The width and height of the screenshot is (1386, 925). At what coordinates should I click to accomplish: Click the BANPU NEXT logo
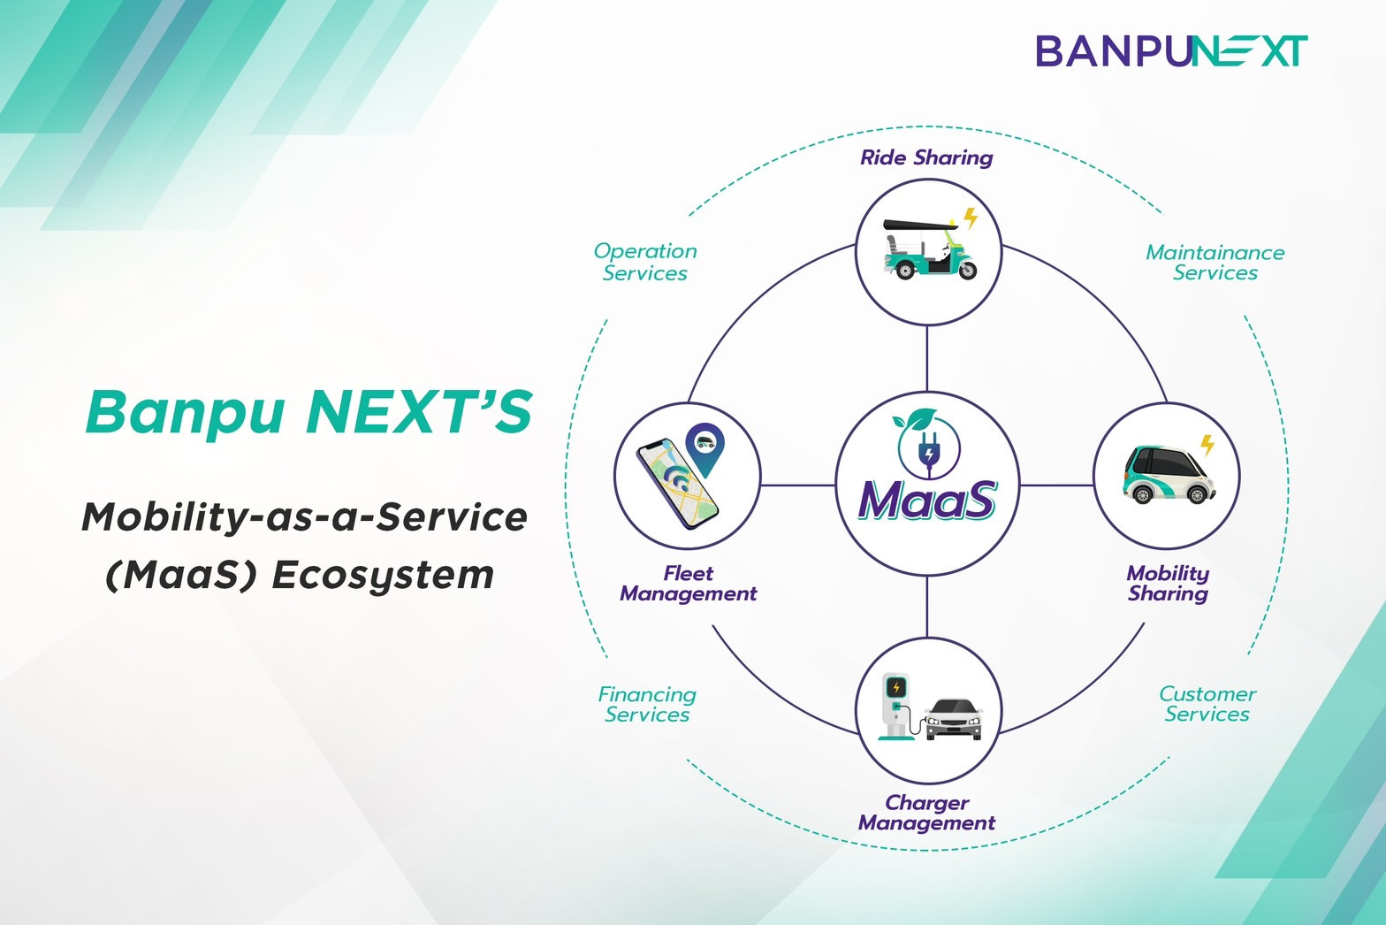1171,50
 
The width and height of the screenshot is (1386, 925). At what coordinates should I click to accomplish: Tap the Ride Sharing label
926,158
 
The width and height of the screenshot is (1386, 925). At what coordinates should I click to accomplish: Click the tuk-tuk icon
930,248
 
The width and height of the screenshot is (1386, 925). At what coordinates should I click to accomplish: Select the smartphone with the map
677,483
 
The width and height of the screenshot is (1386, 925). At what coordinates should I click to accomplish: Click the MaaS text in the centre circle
927,499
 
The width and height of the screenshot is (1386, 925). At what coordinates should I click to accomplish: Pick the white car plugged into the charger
954,719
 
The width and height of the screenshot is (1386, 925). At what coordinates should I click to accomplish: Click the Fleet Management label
688,584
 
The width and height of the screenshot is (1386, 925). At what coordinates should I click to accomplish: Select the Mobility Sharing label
1168,584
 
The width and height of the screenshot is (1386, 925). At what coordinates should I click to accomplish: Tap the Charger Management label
926,813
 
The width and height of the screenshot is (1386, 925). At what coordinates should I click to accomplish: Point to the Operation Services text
645,261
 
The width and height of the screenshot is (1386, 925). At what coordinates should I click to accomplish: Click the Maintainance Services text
1215,262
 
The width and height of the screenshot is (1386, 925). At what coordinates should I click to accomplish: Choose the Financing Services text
647,704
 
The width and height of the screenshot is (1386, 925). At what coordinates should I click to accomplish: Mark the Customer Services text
1207,703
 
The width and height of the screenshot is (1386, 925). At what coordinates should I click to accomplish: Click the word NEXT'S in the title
420,412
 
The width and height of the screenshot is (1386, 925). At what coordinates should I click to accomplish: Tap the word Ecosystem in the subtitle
383,575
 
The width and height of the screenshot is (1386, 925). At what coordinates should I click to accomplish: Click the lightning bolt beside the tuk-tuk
971,218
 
